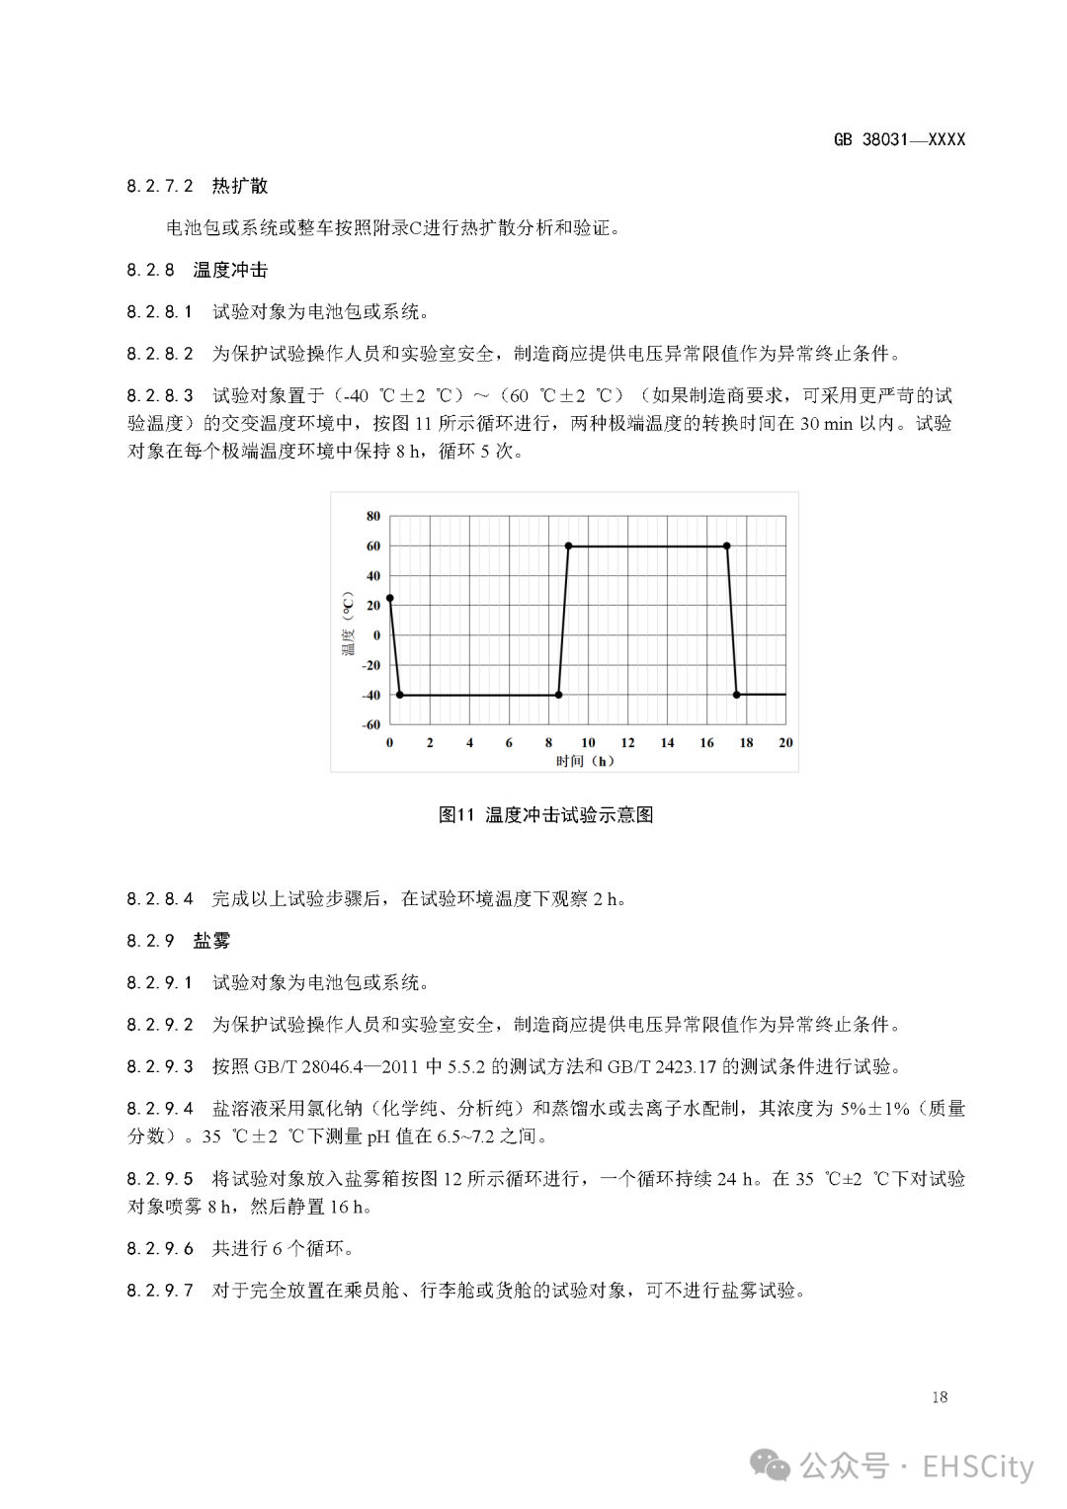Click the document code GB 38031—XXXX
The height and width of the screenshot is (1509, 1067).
(x=899, y=139)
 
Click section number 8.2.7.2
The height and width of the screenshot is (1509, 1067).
(x=160, y=186)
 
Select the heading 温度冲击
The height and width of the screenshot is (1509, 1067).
(x=230, y=270)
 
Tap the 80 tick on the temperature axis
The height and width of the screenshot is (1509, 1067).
(x=372, y=516)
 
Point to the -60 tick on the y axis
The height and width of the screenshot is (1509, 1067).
(x=370, y=724)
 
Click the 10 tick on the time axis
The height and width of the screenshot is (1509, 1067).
(x=588, y=742)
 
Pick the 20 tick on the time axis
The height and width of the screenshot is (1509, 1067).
(x=785, y=742)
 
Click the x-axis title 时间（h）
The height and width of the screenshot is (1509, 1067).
(x=585, y=761)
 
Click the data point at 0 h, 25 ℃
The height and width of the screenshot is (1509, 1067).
(x=390, y=599)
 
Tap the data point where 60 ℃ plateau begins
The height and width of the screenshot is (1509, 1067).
(x=568, y=545)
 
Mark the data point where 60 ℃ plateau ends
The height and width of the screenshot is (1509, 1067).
(x=727, y=545)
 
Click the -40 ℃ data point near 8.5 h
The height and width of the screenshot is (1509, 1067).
(x=558, y=695)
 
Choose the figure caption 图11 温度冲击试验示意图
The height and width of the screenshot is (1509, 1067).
(x=545, y=815)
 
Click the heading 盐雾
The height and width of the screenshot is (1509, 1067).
(x=211, y=941)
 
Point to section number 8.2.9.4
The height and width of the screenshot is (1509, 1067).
(x=160, y=1109)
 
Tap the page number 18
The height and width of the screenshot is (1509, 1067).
(x=939, y=1397)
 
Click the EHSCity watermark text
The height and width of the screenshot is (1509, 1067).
(x=978, y=1467)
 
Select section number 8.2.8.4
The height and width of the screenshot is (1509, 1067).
(x=160, y=898)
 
